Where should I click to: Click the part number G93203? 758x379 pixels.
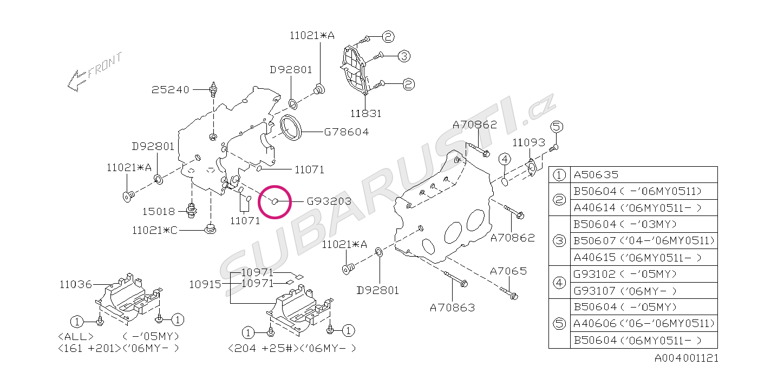point(329,201)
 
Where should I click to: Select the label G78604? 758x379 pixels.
point(347,132)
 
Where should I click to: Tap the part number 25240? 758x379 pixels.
point(170,90)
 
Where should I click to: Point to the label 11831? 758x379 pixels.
point(366,114)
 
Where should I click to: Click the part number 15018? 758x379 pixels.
point(159,212)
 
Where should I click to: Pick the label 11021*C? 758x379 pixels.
point(155,231)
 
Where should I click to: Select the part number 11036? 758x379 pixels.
point(75,285)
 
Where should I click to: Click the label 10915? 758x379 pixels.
point(205,285)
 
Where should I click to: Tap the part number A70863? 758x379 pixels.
point(453,308)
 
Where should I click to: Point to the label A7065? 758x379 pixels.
point(508,271)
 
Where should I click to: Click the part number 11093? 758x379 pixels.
point(528,142)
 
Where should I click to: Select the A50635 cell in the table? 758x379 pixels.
point(644,174)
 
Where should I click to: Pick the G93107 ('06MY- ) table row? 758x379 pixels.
point(644,291)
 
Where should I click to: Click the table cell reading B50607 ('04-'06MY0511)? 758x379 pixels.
point(644,240)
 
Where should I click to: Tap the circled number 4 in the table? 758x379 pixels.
point(559,283)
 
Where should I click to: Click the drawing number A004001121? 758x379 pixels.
point(687,358)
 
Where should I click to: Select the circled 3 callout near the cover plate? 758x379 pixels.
point(404,56)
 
